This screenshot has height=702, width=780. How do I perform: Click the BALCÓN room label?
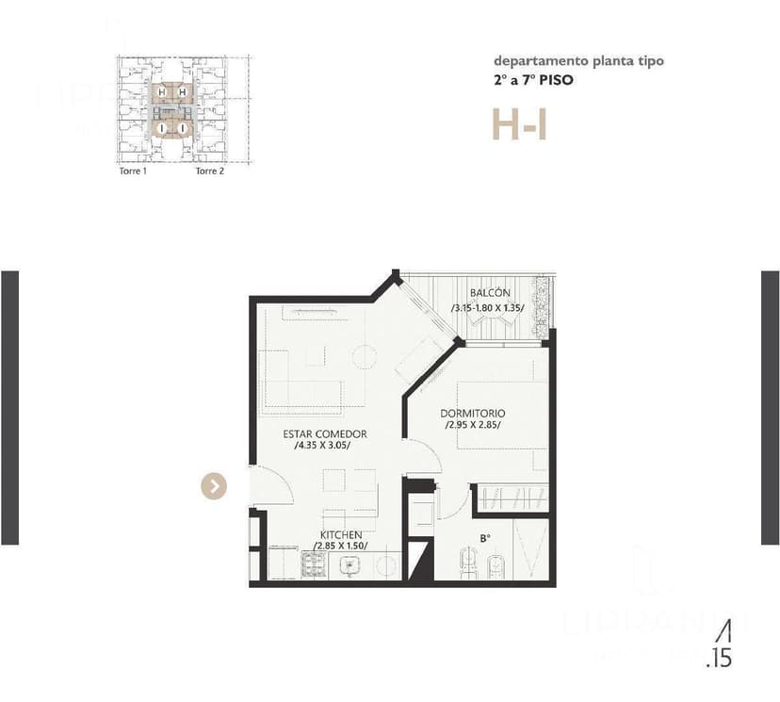pos(490,293)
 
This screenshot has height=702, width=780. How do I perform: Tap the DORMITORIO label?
pos(473,413)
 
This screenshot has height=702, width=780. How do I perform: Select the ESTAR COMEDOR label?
pos(325,433)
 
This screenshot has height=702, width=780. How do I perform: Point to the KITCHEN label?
pos(340,534)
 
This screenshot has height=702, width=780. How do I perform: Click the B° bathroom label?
pos(485,539)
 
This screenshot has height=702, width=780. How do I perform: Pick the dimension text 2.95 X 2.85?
pos(473,425)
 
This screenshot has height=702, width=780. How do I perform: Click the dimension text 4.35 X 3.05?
pos(323,446)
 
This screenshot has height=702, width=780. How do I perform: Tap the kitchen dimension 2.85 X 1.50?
pos(340,546)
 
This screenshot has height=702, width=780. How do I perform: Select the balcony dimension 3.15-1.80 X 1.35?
pos(488,307)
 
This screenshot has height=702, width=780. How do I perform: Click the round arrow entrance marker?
pos(215,485)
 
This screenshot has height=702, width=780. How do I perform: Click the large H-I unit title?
pos(519,124)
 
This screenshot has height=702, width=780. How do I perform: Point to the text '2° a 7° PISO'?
pos(532,80)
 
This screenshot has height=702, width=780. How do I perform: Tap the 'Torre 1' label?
pos(133,171)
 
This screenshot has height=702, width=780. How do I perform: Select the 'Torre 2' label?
pos(209,171)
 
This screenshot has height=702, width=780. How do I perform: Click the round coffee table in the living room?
pos(364,356)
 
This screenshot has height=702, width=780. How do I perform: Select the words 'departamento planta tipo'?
pos(578,61)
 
